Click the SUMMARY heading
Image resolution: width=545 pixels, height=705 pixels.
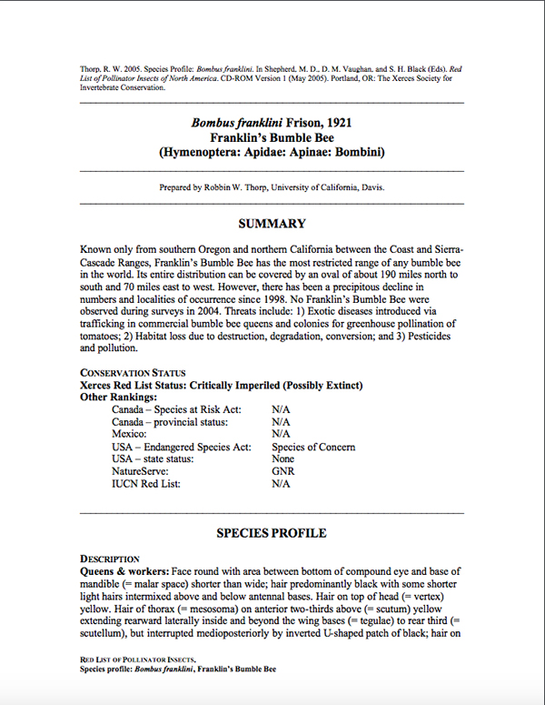point(272,224)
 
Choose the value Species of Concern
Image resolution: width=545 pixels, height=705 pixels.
point(313,447)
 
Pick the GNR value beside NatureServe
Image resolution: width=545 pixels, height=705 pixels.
point(283,472)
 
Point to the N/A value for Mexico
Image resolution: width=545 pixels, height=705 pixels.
point(281,435)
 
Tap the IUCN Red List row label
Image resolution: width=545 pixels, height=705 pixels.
point(146,484)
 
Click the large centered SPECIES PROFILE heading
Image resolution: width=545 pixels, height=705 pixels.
point(272,533)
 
